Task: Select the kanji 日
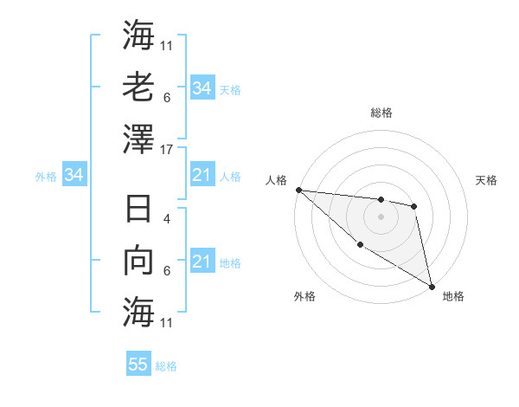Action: [x=139, y=210]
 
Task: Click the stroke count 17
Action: [x=168, y=149]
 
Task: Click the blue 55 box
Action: [x=138, y=365]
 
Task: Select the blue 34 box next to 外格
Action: [x=74, y=176]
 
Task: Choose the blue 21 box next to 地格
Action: [x=202, y=262]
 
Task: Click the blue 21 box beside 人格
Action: [x=202, y=176]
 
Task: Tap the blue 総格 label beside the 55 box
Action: [x=166, y=366]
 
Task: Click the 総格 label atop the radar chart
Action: [x=381, y=113]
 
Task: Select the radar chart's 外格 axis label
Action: [x=304, y=296]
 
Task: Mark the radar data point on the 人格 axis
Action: [x=298, y=190]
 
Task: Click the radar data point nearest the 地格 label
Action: [x=431, y=285]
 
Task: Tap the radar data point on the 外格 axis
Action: [x=361, y=245]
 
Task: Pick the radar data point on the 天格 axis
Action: [x=414, y=206]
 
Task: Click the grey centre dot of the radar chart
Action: [x=381, y=216]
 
